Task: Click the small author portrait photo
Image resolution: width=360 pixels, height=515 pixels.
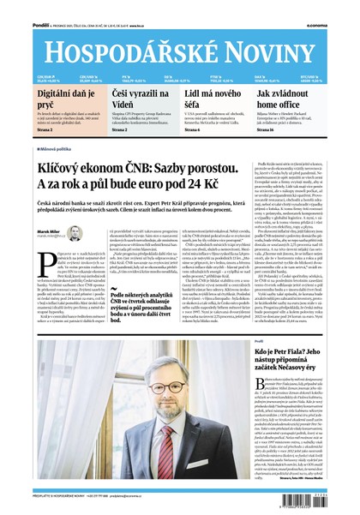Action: [74, 233]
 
